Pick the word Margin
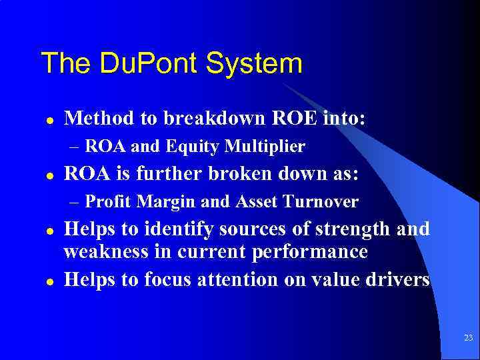(161, 201)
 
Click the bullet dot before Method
(49, 120)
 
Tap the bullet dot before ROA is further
(49, 175)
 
